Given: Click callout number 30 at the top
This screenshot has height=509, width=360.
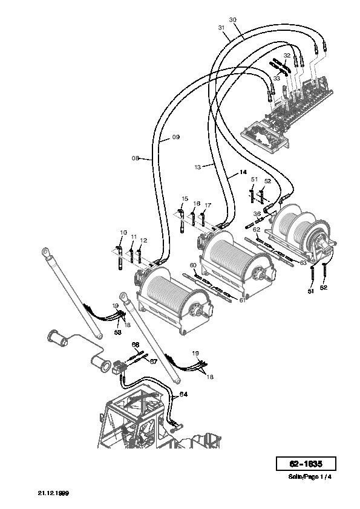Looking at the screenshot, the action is [x=232, y=20].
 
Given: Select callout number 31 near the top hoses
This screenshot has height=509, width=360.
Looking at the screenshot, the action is [x=221, y=28].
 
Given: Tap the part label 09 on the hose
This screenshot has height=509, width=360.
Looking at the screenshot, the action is [x=176, y=137].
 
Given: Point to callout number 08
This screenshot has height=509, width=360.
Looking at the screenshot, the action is [x=135, y=158].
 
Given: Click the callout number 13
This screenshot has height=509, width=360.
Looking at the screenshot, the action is [x=198, y=167].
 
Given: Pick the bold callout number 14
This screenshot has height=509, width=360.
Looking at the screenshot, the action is [x=243, y=172].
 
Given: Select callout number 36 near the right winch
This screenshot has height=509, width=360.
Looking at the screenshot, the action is [x=257, y=214].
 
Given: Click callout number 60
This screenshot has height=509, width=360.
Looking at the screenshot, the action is [x=193, y=265].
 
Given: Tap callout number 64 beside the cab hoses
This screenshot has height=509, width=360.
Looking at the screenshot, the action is [x=183, y=394].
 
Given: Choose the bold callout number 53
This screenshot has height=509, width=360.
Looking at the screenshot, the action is [x=117, y=332].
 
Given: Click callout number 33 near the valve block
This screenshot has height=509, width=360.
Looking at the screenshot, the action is [x=277, y=79].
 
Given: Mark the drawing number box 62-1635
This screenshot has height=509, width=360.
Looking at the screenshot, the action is [x=306, y=464].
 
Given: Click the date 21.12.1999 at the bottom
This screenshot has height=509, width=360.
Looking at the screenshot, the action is [x=54, y=493].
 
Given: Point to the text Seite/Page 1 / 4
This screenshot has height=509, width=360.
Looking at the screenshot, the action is [x=310, y=477].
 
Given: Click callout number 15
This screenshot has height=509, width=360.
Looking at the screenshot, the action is [x=185, y=199].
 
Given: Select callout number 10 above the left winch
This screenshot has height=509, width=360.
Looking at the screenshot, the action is [x=123, y=232].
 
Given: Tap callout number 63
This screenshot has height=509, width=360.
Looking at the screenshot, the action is [x=303, y=262].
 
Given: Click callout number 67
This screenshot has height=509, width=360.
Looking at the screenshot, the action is [x=153, y=361].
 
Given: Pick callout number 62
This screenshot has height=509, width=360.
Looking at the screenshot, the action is [x=257, y=230].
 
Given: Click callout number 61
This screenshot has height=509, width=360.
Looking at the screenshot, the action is [x=243, y=300].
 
